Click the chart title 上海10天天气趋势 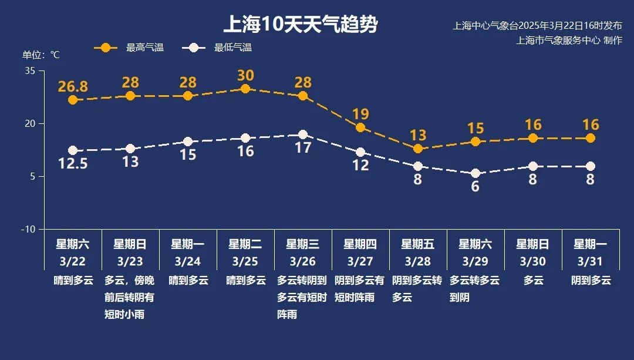(x=300, y=25)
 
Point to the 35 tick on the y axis (x=31, y=71)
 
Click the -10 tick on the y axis (x=28, y=229)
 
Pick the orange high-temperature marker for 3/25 (x=245, y=89)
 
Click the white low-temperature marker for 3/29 (x=475, y=173)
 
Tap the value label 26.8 (x=73, y=87)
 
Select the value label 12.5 (x=73, y=164)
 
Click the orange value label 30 (x=245, y=75)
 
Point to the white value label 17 (x=303, y=148)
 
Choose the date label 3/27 (x=360, y=260)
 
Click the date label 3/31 (x=591, y=260)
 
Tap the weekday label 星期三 (x=303, y=244)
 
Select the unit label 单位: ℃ (x=41, y=55)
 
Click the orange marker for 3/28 (x=418, y=149)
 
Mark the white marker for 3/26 (x=303, y=134)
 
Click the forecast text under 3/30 (x=533, y=281)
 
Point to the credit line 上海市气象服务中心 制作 (x=569, y=41)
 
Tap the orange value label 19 (x=360, y=115)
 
